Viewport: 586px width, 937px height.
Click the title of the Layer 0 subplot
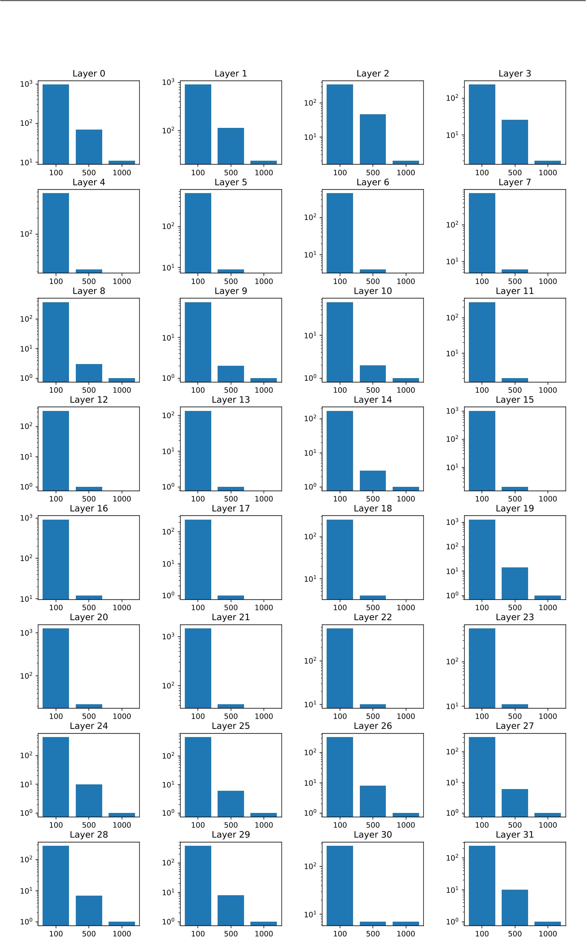pyautogui.click(x=89, y=73)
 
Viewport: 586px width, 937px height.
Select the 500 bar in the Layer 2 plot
pyautogui.click(x=373, y=139)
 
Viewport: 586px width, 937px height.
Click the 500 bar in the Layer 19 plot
pyautogui.click(x=514, y=583)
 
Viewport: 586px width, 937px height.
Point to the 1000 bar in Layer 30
pyautogui.click(x=405, y=923)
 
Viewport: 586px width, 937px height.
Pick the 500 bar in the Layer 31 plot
pyautogui.click(x=514, y=907)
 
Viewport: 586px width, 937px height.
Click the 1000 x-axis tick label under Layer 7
pyautogui.click(x=547, y=281)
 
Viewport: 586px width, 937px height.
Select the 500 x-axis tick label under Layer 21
pyautogui.click(x=231, y=716)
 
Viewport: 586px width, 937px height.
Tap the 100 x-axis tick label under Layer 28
pyautogui.click(x=56, y=934)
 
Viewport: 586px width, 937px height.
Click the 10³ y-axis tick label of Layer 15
pyautogui.click(x=452, y=411)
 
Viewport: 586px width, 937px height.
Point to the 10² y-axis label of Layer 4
pyautogui.click(x=26, y=234)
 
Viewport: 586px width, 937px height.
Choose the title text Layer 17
pyautogui.click(x=231, y=508)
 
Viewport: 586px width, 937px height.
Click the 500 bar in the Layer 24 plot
pyautogui.click(x=89, y=800)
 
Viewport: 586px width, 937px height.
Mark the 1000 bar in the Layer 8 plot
pyautogui.click(x=121, y=380)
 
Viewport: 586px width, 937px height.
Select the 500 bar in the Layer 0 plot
pyautogui.click(x=89, y=147)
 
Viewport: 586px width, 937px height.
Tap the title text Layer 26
pyautogui.click(x=373, y=726)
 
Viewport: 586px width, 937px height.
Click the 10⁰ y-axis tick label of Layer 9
pyautogui.click(x=168, y=378)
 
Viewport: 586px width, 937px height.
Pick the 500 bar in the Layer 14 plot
pyautogui.click(x=373, y=480)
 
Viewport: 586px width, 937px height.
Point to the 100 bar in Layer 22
pyautogui.click(x=340, y=668)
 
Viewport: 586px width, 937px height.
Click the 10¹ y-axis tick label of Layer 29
pyautogui.click(x=168, y=893)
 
